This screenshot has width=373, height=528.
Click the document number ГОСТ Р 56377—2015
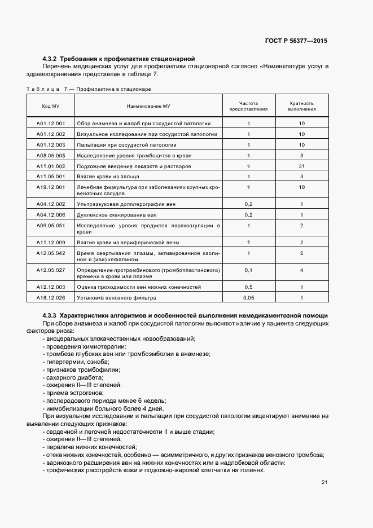pos(296,41)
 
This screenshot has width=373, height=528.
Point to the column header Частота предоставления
pos(248,107)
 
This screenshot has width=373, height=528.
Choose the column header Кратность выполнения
pos(302,107)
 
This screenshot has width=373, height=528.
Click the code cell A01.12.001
pos(51,123)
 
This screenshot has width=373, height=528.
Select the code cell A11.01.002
pos(51,166)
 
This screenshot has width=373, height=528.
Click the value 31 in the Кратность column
pos(302,166)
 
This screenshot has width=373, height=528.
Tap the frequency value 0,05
pos(248,297)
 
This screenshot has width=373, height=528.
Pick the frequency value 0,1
pos(248,270)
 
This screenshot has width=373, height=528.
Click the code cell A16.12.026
pos(51,297)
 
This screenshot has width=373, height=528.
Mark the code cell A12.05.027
pos(51,270)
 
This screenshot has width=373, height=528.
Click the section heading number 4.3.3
pos(50,314)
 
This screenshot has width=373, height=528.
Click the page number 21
pos(324,482)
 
